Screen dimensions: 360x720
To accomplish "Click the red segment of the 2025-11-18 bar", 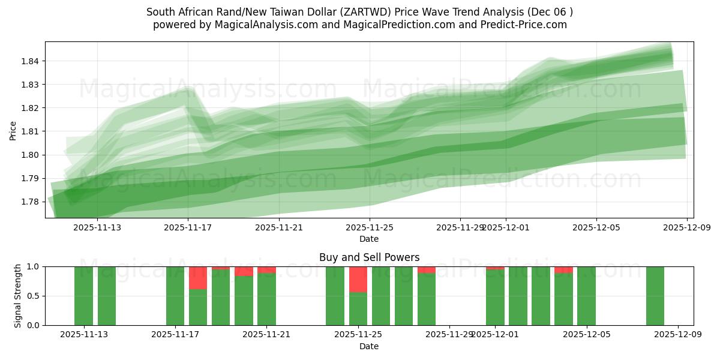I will tap(198, 278).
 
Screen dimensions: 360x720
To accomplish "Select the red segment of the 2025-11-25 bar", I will tap(358, 279).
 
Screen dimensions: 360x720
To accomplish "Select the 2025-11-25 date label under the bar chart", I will tap(358, 335).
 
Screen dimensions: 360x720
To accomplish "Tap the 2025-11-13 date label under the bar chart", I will tap(84, 335).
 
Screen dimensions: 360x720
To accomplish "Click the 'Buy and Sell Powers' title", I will tap(369, 258).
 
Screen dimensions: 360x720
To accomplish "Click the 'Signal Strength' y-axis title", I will tap(18, 296).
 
